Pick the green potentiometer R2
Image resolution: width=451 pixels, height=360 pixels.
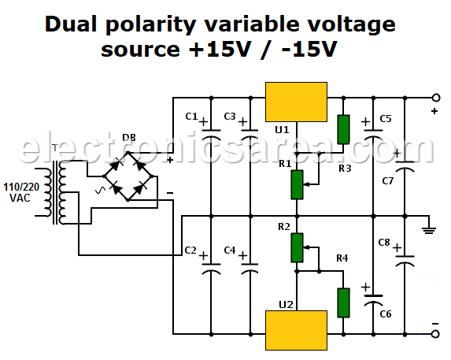click(297, 247)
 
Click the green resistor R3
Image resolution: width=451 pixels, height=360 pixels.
click(343, 129)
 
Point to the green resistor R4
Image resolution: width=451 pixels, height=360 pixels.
click(343, 302)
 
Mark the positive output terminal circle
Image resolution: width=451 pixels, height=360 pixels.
click(435, 98)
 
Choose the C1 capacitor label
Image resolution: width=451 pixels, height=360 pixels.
click(190, 117)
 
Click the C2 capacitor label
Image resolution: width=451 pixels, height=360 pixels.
click(190, 250)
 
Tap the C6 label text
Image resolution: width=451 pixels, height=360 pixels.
click(385, 314)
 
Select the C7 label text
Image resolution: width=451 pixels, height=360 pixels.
click(387, 181)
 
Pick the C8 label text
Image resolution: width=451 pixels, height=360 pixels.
click(384, 242)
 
